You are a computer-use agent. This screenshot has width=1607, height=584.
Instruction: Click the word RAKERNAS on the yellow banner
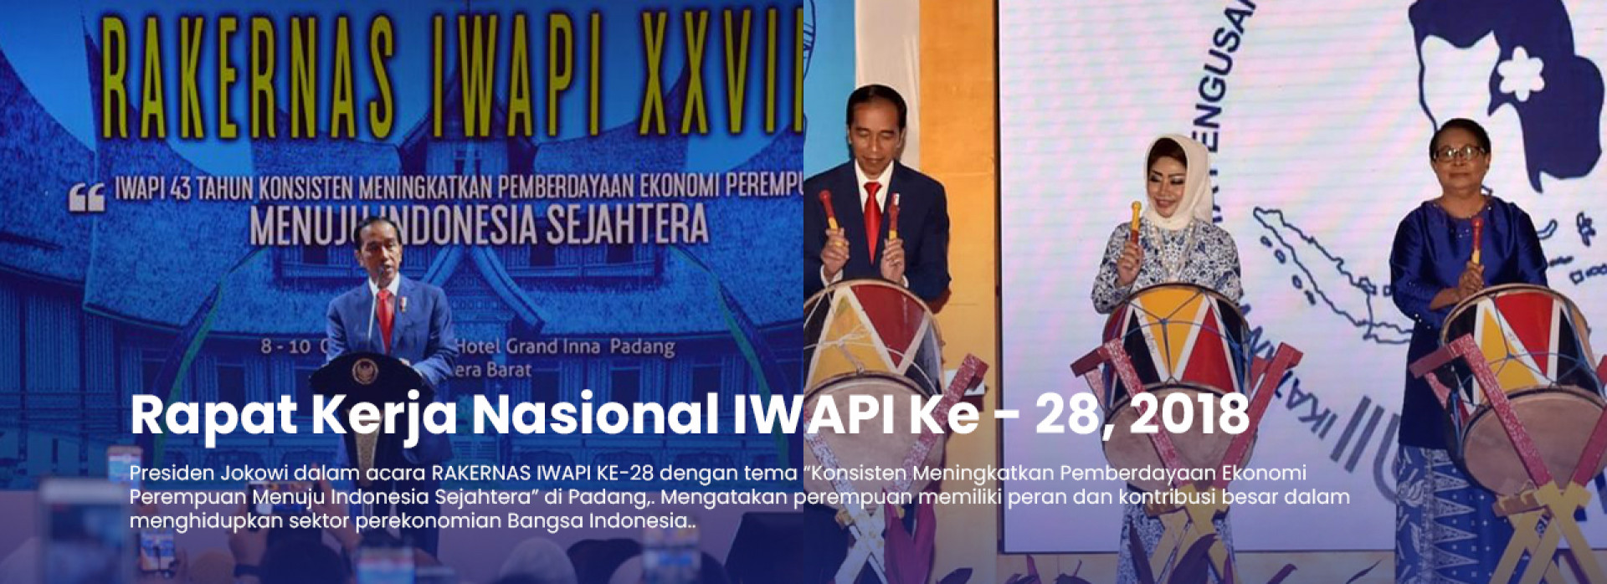coord(248,77)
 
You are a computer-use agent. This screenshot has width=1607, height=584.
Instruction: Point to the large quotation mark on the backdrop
coord(87,197)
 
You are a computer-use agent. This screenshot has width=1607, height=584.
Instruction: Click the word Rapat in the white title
coord(213,414)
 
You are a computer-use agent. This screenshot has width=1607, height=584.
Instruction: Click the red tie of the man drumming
coord(871,218)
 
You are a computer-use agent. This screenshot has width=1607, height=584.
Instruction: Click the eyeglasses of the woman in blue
coord(1458,153)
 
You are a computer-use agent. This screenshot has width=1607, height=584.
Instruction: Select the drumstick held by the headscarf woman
coord(1135,221)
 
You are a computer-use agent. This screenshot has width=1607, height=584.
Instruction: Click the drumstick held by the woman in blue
coord(1477,238)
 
